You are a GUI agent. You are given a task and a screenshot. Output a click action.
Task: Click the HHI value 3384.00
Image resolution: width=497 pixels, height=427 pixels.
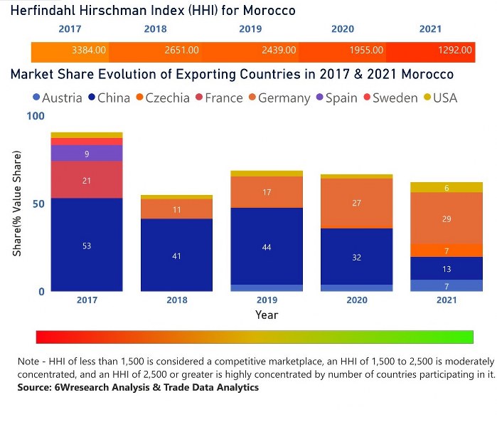coord(89,51)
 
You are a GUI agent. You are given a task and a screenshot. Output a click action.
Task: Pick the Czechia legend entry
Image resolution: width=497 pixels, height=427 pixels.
coord(163,97)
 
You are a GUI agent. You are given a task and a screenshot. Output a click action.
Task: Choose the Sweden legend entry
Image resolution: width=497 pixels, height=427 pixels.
coord(390,97)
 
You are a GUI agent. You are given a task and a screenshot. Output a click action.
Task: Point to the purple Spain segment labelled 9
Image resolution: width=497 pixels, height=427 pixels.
coord(87,153)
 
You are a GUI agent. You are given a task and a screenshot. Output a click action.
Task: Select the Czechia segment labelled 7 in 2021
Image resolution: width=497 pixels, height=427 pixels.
coord(447,251)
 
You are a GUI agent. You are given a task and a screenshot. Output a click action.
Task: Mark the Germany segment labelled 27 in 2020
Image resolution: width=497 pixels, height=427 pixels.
coord(357,203)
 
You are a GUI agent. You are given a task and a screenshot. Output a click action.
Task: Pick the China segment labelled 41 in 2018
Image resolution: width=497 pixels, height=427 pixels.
coord(176,255)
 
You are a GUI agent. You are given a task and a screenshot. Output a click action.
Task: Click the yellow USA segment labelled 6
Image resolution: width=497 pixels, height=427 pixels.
coord(447,187)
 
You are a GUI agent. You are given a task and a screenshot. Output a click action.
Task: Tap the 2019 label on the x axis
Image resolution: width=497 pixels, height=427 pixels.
coord(267,300)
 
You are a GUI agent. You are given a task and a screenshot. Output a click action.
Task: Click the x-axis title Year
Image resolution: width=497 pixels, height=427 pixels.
coord(267,314)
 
